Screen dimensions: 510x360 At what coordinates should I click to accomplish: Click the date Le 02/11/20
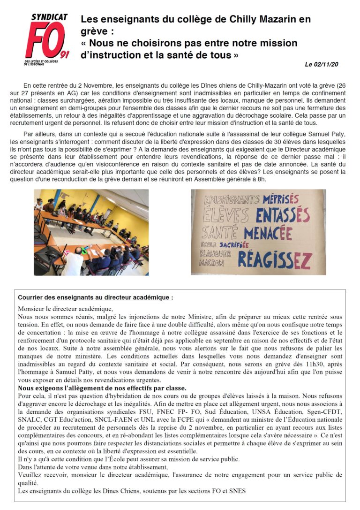pyautogui.click(x=321, y=64)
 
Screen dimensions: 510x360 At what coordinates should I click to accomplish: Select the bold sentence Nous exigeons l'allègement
pyautogui.click(x=102, y=388)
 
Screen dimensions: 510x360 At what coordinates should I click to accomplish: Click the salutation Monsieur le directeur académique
pyautogui.click(x=66, y=308)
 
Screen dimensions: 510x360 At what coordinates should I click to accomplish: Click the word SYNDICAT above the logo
pyautogui.click(x=49, y=17)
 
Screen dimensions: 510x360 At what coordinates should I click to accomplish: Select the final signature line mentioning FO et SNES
pyautogui.click(x=132, y=491)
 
